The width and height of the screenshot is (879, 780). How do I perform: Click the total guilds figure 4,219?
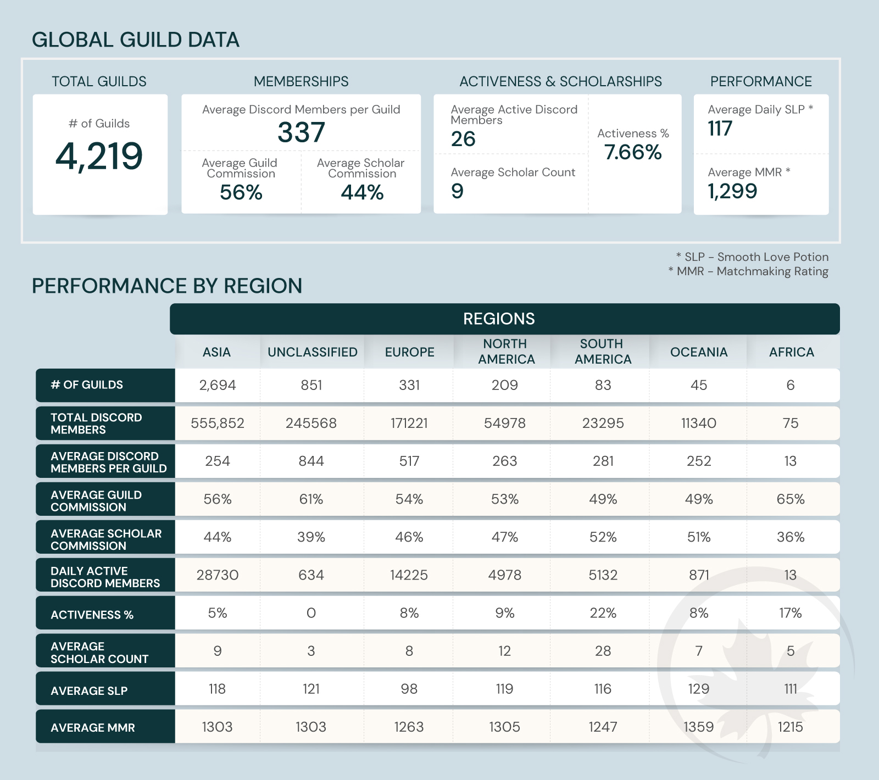coord(99,157)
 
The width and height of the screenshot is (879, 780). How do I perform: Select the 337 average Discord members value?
coord(301,132)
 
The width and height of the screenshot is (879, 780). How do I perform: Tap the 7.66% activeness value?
coord(633,152)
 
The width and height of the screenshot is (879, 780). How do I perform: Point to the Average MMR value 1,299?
coord(732,191)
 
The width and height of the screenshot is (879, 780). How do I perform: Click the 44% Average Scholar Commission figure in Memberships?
coord(362,193)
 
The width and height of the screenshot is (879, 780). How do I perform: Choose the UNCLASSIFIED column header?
coord(313,352)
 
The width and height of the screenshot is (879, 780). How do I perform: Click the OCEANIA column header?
coord(699,352)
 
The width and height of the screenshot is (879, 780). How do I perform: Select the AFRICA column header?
coord(791,352)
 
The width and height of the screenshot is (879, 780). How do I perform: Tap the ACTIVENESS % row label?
coord(92,615)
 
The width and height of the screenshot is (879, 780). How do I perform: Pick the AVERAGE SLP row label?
coord(89,691)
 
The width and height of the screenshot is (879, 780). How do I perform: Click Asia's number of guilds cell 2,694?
coord(218,385)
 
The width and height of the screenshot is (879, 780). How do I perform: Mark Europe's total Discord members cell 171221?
coord(409,423)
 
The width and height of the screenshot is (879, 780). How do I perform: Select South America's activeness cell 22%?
coord(603,613)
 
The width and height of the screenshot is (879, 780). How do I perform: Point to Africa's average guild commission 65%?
coord(791,499)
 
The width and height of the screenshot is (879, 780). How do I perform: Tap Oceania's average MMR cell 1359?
coord(699,727)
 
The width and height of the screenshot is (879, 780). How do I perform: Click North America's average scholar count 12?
coord(504,651)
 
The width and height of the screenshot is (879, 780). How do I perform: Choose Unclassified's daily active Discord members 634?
coord(311,575)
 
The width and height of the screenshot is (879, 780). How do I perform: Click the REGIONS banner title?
coord(499,319)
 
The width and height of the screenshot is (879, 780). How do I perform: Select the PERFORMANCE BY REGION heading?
coord(167,286)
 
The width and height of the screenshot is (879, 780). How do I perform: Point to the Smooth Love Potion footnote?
coord(752,257)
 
